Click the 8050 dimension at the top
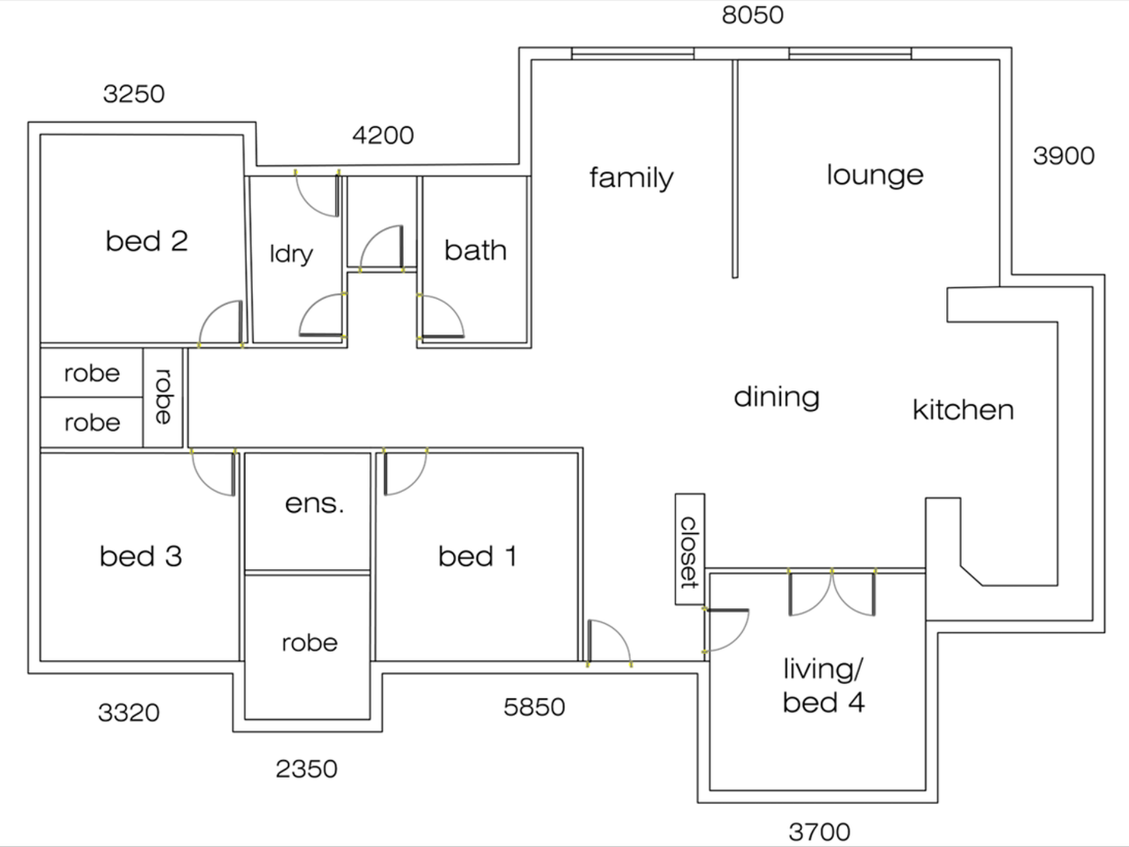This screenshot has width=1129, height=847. [x=752, y=15]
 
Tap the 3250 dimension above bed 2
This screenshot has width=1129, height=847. [x=134, y=94]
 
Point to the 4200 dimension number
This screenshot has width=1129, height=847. [x=383, y=136]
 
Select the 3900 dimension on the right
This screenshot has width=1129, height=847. [x=1064, y=156]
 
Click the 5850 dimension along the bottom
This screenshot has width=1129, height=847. [x=534, y=707]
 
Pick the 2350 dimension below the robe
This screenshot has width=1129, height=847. [x=307, y=769]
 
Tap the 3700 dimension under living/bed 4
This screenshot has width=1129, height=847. [x=819, y=832]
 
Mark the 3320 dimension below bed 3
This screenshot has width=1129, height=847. [x=129, y=713]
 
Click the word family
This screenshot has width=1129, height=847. [x=632, y=178]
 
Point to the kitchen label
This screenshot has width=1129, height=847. [x=963, y=410]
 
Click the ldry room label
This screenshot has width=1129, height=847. [x=291, y=254]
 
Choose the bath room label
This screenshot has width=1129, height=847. [x=475, y=250]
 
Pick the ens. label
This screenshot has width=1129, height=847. [x=314, y=504]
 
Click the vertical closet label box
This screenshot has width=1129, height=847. [x=690, y=549]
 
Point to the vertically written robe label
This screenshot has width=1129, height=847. [x=163, y=396]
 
